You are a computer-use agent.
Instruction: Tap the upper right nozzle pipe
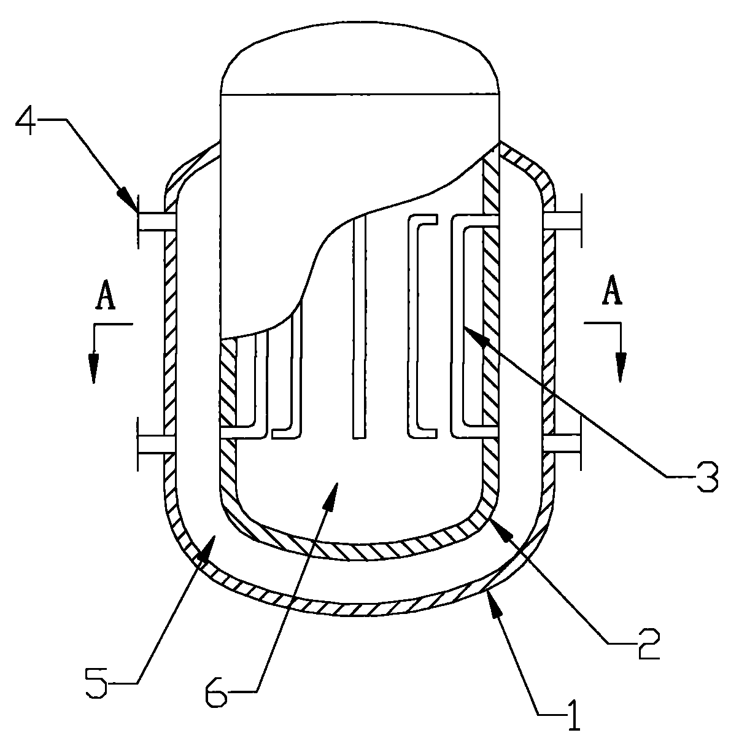click(x=562, y=220)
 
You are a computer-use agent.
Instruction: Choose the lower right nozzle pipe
click(x=562, y=444)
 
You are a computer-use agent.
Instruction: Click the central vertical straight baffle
click(x=359, y=327)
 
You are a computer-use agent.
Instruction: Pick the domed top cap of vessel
click(x=360, y=58)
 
